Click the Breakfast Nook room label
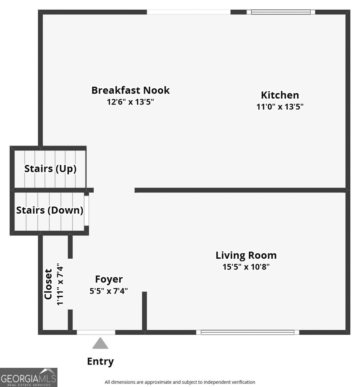[130, 90]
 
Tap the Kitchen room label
[280, 95]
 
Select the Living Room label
[246, 255]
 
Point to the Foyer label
[109, 279]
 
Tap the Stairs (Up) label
[50, 169]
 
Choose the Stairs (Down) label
[50, 210]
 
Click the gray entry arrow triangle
[100, 344]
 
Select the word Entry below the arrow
[100, 362]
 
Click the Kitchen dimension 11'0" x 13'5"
[280, 107]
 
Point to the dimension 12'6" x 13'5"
[130, 102]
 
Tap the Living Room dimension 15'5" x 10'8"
[246, 267]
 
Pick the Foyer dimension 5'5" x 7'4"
[109, 291]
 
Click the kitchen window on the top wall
[281, 12]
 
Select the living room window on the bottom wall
[247, 332]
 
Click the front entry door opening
[96, 332]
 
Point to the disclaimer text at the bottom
[180, 382]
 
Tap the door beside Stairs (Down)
[86, 210]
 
